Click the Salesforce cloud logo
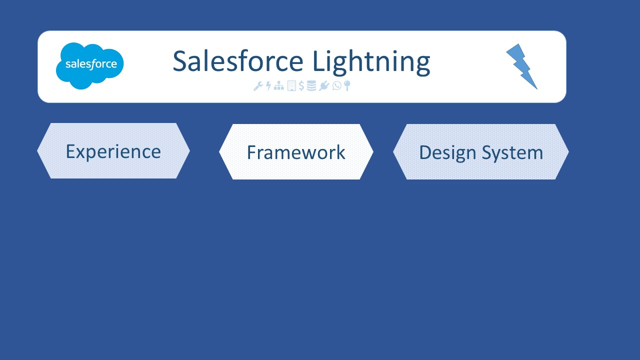(x=89, y=65)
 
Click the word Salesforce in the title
(x=238, y=61)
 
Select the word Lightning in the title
(x=371, y=63)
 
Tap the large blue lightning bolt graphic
(x=521, y=66)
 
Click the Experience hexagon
(x=113, y=151)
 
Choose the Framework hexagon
(x=296, y=151)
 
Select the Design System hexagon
(x=481, y=151)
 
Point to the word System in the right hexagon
(x=512, y=153)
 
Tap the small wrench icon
(x=258, y=86)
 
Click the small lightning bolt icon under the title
(x=268, y=85)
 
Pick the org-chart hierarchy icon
(x=279, y=85)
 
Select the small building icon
(x=291, y=85)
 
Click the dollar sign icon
(x=301, y=85)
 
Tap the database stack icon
(x=311, y=85)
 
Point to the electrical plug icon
(x=324, y=85)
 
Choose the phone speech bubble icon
(x=337, y=85)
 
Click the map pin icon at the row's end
(x=347, y=85)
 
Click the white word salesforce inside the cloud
(x=91, y=64)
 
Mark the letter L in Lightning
(x=319, y=61)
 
